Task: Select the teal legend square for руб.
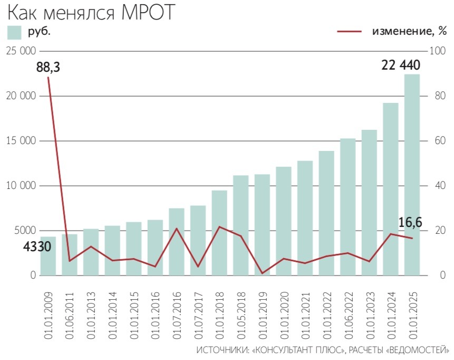point(14,32)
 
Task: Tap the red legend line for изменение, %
point(349,32)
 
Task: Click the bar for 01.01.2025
point(412,175)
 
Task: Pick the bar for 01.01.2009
point(48,256)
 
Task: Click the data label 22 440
point(401,66)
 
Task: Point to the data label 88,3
point(48,68)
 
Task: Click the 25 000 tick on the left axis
point(21,51)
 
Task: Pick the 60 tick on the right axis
point(437,141)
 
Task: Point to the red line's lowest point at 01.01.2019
point(262,273)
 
